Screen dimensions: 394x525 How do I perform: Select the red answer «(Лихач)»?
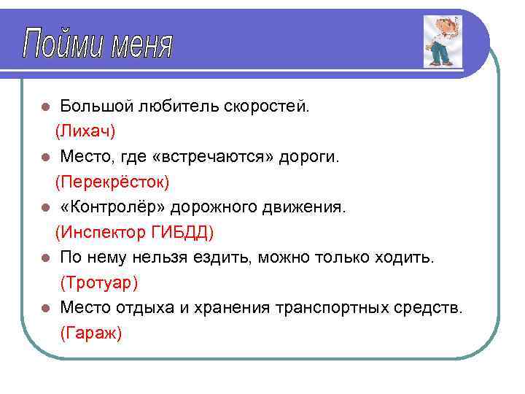[x=85, y=131]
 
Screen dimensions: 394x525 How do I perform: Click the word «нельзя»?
[x=166, y=258]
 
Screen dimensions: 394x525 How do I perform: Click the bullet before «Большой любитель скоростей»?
[x=45, y=107]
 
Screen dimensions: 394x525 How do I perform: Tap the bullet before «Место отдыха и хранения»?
[x=45, y=309]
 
